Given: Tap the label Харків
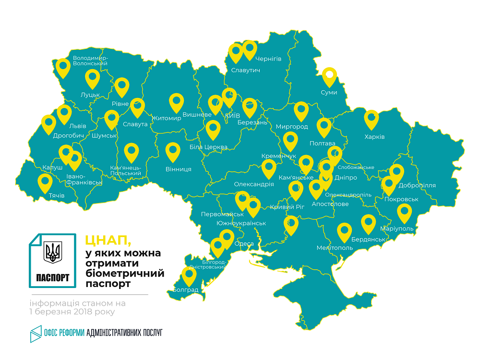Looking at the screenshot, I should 374,137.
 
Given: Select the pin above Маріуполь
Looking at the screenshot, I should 405,212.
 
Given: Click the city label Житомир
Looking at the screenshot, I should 167,118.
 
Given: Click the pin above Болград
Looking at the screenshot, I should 189,276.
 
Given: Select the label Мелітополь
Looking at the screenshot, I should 335,248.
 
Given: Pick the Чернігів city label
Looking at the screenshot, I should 268,59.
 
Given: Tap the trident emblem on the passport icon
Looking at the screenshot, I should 53,252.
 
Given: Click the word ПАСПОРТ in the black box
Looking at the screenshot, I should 53,277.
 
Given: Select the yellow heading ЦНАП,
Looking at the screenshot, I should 108,239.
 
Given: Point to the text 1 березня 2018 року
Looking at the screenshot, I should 72,312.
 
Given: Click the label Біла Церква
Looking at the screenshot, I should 208,147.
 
